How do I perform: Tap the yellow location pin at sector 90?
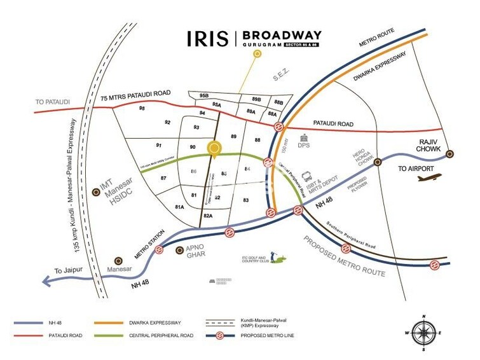214,149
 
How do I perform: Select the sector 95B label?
203,96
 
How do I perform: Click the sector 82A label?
208,217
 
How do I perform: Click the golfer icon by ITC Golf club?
273,256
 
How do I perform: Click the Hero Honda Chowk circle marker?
377,162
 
